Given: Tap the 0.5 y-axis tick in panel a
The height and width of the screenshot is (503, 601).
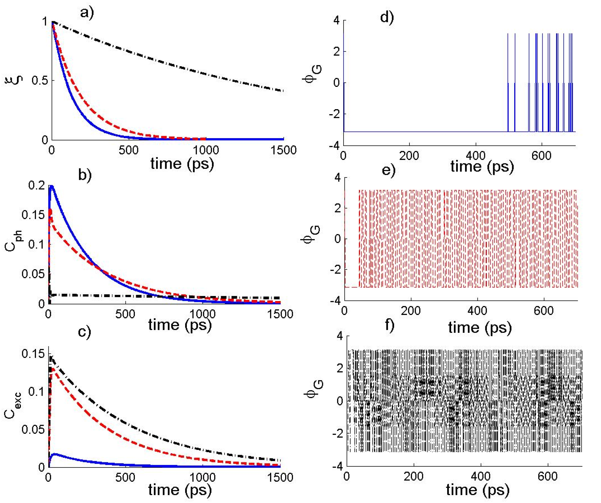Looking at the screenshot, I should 40,80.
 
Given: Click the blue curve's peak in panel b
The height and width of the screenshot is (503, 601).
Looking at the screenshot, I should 51,187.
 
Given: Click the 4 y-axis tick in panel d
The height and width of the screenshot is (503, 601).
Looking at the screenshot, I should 337,21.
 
